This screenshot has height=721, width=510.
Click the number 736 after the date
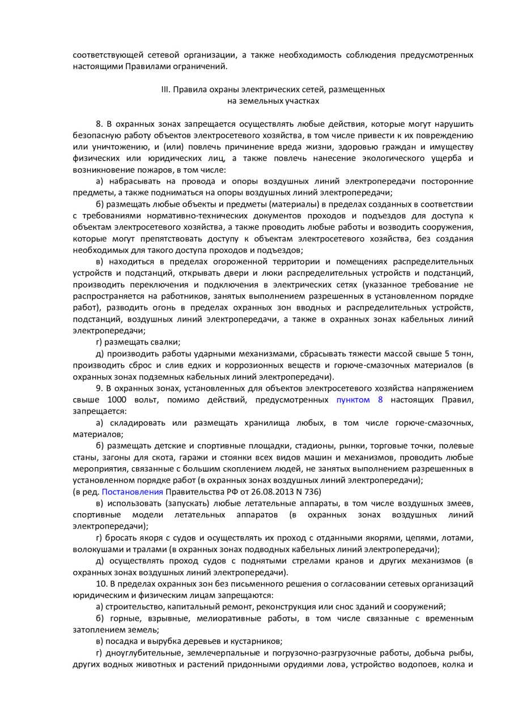(313, 491)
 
